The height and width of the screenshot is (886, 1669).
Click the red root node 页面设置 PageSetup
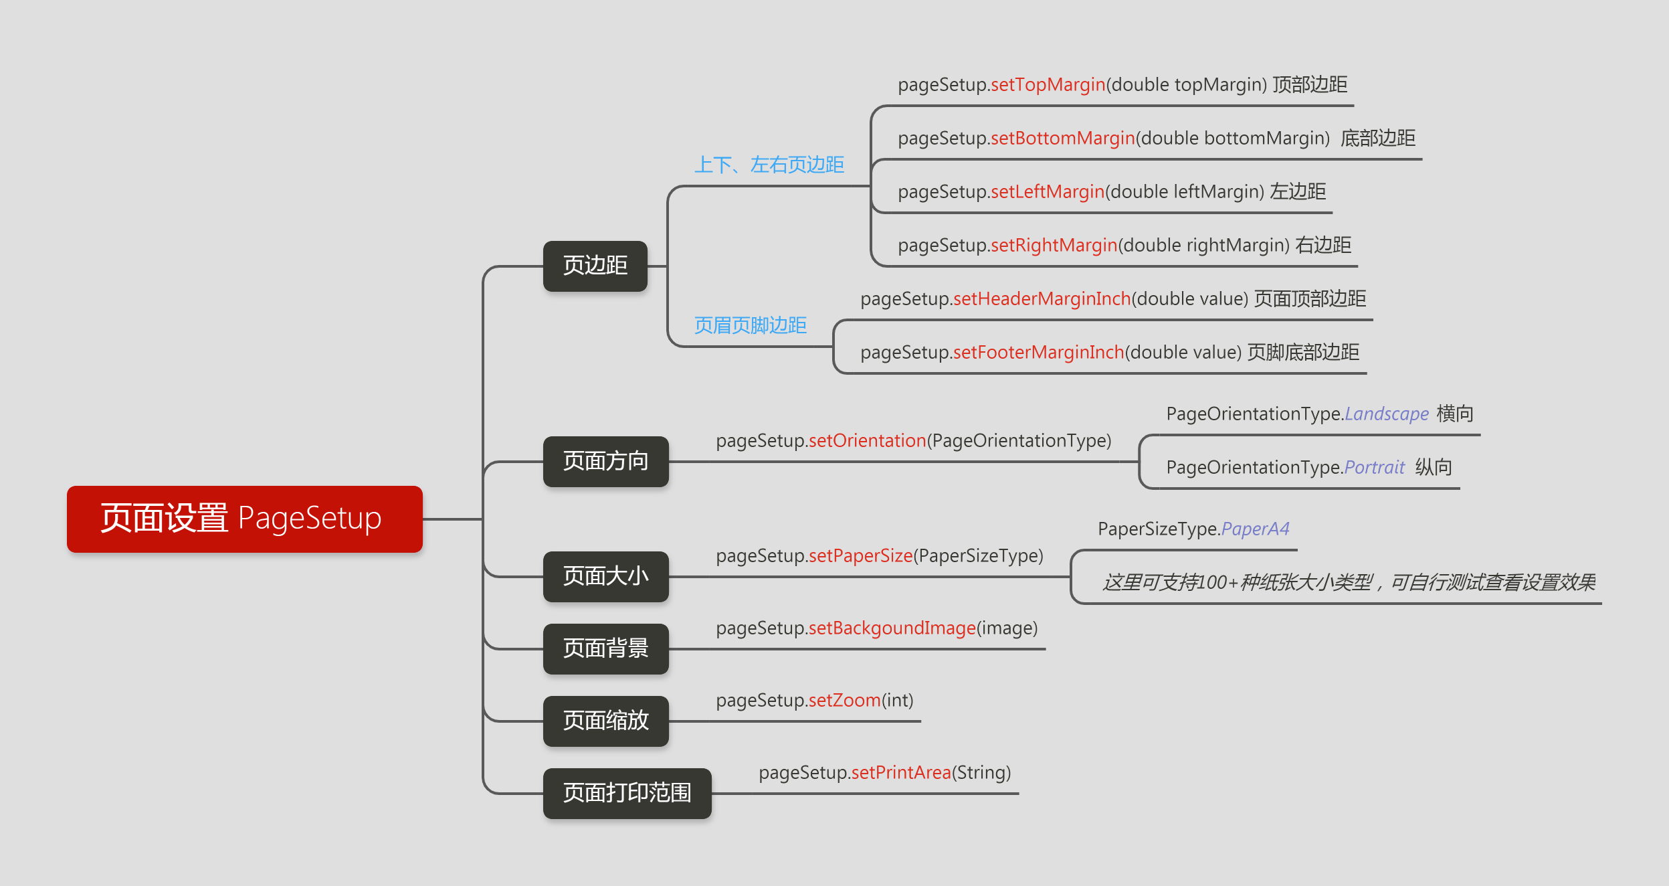click(x=244, y=519)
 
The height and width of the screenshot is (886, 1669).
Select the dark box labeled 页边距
click(x=595, y=266)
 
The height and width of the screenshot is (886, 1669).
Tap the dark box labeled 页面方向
click(x=605, y=461)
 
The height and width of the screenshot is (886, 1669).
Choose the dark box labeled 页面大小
click(x=605, y=576)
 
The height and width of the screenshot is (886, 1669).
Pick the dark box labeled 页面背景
click(x=605, y=648)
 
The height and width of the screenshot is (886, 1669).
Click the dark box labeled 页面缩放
click(x=605, y=721)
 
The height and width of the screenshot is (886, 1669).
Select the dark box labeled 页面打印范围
click(x=627, y=793)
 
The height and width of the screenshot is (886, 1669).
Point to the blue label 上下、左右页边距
click(x=769, y=165)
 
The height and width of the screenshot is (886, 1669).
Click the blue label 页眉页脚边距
click(x=750, y=325)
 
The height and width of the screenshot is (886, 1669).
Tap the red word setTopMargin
click(x=1048, y=85)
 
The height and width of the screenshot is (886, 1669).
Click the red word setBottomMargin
click(x=1062, y=139)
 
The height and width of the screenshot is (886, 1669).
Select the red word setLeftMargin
click(x=1047, y=192)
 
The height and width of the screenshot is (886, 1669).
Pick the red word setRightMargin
click(x=1054, y=246)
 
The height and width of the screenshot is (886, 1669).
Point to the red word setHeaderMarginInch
click(x=1042, y=299)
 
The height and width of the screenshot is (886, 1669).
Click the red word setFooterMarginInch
click(x=1038, y=353)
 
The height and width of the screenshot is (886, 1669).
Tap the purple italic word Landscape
click(x=1386, y=414)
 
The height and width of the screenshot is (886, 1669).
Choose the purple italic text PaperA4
click(x=1255, y=529)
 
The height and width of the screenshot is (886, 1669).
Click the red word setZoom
click(x=844, y=701)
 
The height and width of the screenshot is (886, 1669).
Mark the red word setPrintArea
click(x=900, y=773)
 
